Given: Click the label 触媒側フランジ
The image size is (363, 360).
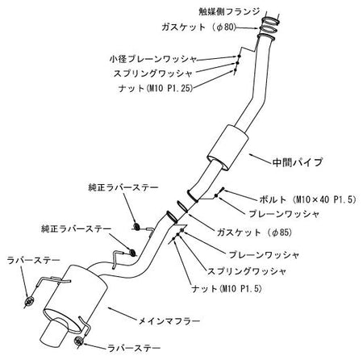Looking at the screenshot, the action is coord(229,11).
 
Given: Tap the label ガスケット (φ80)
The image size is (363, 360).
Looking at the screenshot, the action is coord(199,27).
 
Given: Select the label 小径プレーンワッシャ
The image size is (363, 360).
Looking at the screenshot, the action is coord(153,59).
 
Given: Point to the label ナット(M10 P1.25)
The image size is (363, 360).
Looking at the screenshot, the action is coord(156,88).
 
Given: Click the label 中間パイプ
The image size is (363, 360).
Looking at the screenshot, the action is coord(298,162).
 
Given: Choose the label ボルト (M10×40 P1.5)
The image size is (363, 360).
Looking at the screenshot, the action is coord(307,199).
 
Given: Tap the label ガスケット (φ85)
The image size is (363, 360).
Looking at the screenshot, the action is coord(254,232).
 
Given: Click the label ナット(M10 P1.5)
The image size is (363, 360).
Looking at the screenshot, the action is coord(227,289).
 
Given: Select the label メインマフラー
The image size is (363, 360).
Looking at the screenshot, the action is coord(169,321).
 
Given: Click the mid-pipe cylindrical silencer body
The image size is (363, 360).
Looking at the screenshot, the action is coord(227,148).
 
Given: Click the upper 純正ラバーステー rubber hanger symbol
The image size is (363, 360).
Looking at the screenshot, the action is coord(137,227).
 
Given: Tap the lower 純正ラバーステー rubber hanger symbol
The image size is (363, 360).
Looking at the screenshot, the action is coord(132,253).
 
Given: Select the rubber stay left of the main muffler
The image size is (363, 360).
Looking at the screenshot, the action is coord(29,301).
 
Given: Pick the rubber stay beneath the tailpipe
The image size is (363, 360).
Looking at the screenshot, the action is coord(78,341).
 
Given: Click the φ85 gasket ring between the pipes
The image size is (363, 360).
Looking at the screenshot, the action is coord(182,206).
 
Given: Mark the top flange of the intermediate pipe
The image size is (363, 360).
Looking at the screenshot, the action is coord(266,37).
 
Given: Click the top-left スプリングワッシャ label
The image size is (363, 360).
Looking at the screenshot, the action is coord(153,73).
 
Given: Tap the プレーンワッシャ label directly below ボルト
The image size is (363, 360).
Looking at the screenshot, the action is coord(284,214).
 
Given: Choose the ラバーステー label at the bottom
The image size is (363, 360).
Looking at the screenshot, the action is coord(134,348).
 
